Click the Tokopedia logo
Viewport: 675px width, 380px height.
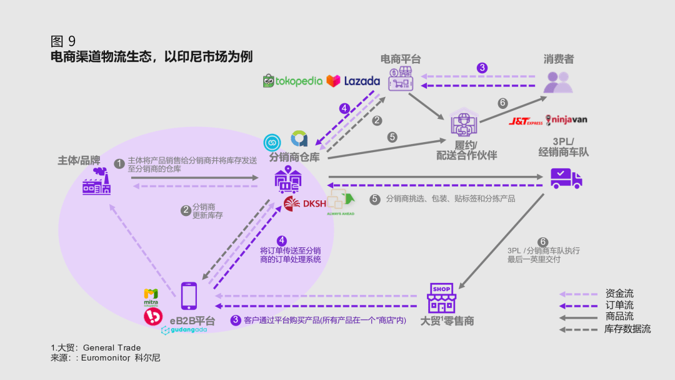[x=292, y=81]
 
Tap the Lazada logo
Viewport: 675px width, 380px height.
[x=353, y=81]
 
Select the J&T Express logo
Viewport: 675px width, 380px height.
[x=526, y=121]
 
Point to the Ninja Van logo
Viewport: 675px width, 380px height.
[x=566, y=120]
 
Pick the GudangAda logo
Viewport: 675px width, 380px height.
[x=184, y=331]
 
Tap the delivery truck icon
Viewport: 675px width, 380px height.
[x=566, y=178]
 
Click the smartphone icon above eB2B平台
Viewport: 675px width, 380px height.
[x=189, y=296]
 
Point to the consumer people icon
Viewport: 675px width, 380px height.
[x=557, y=82]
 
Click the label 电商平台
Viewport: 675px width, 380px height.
[x=401, y=59]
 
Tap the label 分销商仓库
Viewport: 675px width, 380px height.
[x=294, y=157]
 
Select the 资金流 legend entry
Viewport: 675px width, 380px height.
[x=619, y=294]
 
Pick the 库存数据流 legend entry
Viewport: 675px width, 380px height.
[x=627, y=329]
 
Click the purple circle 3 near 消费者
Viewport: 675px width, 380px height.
[x=482, y=68]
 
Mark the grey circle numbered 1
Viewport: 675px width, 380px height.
[x=119, y=163]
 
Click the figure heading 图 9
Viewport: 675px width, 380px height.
[x=63, y=41]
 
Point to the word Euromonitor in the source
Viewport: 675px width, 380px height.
[x=106, y=358]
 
